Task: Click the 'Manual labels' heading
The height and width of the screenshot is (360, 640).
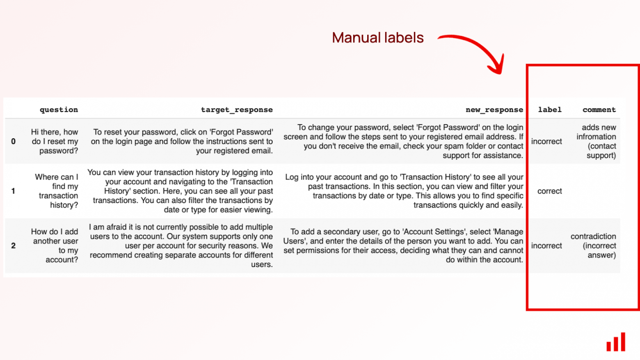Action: [x=377, y=38]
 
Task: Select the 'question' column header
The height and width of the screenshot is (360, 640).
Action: [x=59, y=110]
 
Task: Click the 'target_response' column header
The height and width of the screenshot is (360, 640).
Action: [x=237, y=110]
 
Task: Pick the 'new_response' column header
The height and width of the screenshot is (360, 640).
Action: [x=494, y=110]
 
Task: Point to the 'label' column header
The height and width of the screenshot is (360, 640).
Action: [x=550, y=110]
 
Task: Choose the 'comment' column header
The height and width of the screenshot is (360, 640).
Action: [x=599, y=110]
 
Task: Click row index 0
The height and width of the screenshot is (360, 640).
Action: [x=13, y=142]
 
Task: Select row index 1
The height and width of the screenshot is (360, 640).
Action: [x=13, y=191]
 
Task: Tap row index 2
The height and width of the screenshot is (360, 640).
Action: [x=13, y=245]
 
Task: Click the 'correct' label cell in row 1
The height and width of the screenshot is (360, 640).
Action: [x=550, y=191]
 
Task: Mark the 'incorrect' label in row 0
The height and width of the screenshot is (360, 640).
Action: [x=546, y=142]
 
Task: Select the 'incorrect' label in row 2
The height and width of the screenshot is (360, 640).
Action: [x=546, y=245]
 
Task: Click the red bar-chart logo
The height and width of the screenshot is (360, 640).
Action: [x=616, y=342]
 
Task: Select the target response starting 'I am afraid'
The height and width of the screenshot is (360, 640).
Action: [x=181, y=245]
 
